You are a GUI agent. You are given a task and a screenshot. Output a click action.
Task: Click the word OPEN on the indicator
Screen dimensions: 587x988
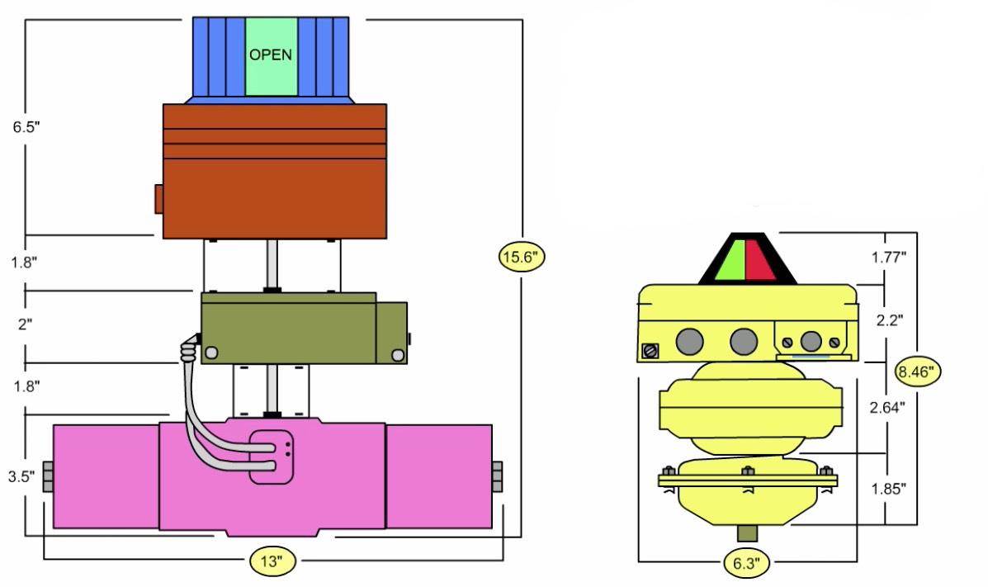[271, 55]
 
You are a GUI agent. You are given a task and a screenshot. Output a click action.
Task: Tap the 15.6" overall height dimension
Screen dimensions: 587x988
[522, 257]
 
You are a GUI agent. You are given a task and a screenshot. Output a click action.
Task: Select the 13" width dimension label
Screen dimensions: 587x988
[272, 562]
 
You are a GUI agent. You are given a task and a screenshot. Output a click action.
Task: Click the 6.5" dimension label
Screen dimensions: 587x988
[25, 129]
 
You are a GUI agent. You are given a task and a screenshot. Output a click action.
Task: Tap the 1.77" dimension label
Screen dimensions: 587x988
[888, 257]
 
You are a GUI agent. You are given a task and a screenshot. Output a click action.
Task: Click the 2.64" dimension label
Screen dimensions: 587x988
[888, 406]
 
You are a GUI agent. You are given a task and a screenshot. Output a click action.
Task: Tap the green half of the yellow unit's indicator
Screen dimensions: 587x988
[731, 260]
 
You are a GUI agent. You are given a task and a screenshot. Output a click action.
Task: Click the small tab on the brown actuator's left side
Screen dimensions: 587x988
[158, 198]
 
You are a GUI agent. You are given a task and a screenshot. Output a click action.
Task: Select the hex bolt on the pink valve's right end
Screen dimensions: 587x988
[497, 477]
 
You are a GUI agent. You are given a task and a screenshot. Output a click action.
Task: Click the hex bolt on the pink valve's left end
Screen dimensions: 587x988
[47, 477]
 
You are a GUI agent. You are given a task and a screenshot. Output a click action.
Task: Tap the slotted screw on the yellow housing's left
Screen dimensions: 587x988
[650, 351]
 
